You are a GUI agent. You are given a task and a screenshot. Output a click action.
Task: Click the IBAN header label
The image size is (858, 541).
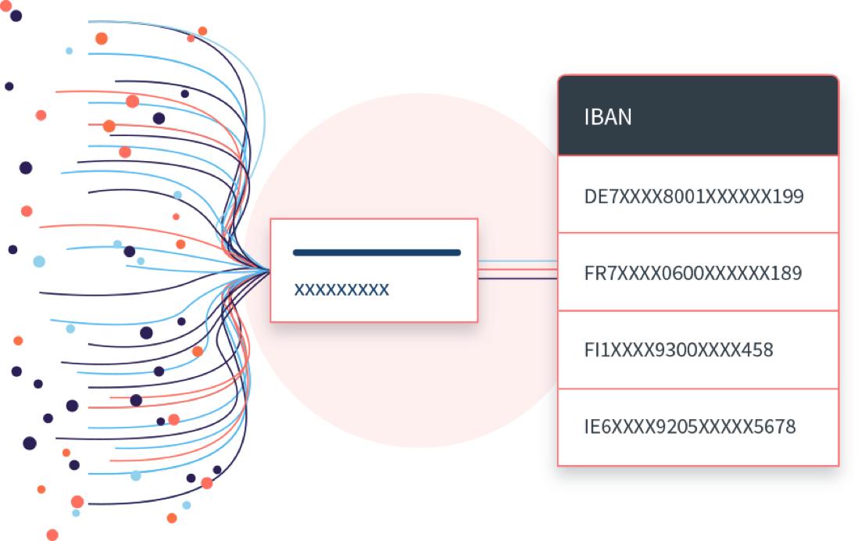[608, 117]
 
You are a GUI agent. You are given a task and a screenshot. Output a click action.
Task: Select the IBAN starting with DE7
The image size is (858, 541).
[693, 196]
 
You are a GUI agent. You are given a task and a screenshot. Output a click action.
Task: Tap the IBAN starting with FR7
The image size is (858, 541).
[692, 274]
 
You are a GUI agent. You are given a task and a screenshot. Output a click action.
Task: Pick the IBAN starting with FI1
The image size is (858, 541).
[678, 349]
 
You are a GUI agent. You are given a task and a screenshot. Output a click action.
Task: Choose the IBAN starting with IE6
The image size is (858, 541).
[689, 427]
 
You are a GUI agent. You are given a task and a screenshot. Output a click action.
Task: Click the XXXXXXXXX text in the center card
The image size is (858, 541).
[341, 290]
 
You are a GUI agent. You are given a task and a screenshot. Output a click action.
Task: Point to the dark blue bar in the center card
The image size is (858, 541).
[376, 253]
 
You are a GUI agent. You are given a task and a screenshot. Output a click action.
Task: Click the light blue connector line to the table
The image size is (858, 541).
[517, 262]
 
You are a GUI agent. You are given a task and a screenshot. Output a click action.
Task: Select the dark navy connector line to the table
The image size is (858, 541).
[517, 278]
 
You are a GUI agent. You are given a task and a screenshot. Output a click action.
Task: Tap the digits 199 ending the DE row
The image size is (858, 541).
[788, 196]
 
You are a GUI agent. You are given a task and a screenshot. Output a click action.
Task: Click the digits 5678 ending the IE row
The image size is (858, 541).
[776, 427]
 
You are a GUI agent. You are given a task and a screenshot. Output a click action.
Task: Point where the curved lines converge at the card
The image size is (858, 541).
[266, 270]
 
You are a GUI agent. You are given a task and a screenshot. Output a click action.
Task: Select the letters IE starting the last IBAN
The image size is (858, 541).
[592, 427]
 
